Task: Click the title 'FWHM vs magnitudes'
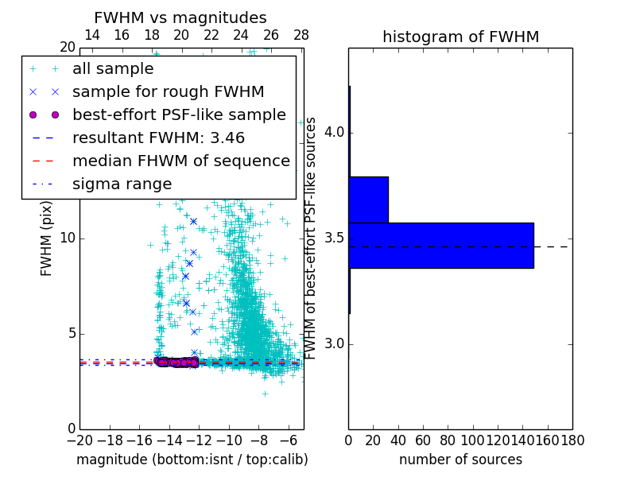coord(180,17)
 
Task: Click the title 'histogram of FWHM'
coord(460,37)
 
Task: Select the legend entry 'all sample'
coord(113,69)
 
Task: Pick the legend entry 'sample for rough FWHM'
coord(168,91)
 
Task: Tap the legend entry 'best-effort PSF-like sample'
coord(179,114)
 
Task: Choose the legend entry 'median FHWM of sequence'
coord(180,161)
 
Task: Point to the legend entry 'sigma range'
coord(122,184)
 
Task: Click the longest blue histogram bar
coord(440,245)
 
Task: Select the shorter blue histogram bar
coord(368,200)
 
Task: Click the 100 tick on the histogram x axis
coord(472,440)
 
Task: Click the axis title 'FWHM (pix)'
coord(47,238)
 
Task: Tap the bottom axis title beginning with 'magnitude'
coord(192,460)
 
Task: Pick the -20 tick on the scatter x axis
coord(79,440)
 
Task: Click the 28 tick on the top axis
coord(301,35)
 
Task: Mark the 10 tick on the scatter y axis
coord(68,238)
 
